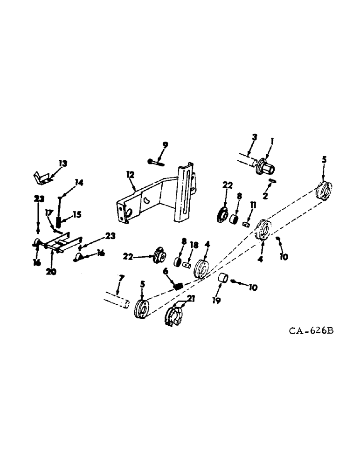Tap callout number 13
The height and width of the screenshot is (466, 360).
tap(63, 164)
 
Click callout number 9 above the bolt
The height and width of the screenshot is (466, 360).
tap(165, 145)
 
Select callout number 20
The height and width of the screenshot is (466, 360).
tap(51, 272)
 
